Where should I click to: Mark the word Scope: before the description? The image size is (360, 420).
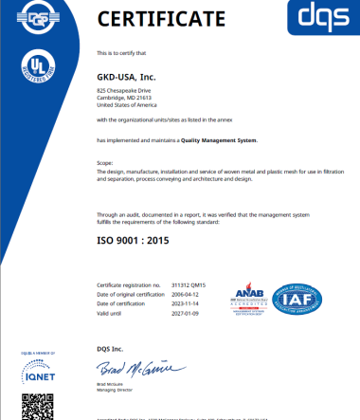click(x=105, y=162)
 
